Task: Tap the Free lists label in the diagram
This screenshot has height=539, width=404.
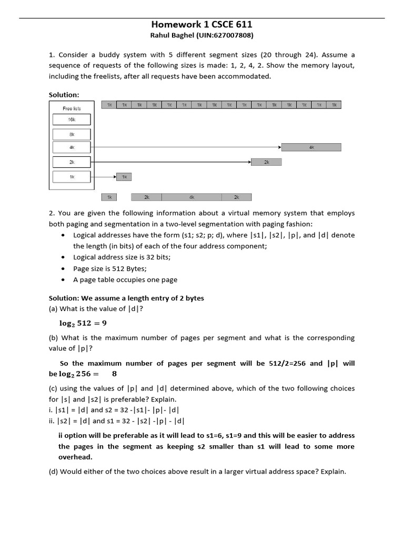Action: pyautogui.click(x=72, y=108)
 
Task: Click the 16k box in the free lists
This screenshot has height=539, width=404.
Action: pyautogui.click(x=72, y=120)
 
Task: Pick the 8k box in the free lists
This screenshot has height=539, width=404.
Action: pyautogui.click(x=72, y=134)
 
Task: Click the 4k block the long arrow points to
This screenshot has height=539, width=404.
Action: pyautogui.click(x=311, y=148)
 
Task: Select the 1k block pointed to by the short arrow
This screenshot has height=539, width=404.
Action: pyautogui.click(x=124, y=177)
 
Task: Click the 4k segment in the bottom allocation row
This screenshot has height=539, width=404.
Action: pyautogui.click(x=191, y=197)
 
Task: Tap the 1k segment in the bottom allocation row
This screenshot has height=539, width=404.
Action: pyautogui.click(x=109, y=197)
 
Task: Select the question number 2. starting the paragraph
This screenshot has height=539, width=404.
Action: pyautogui.click(x=52, y=213)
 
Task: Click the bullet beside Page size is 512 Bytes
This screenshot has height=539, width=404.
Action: pyautogui.click(x=64, y=268)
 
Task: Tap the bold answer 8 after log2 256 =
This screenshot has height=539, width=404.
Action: pyautogui.click(x=114, y=374)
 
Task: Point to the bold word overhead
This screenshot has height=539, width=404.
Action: pyautogui.click(x=75, y=457)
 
